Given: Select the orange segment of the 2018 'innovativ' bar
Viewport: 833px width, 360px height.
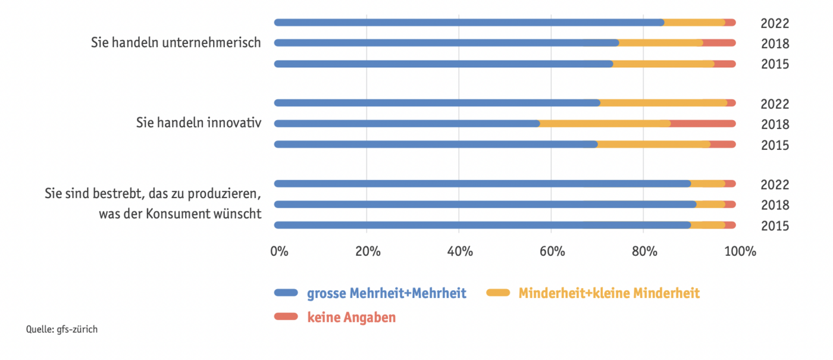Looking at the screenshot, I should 605,124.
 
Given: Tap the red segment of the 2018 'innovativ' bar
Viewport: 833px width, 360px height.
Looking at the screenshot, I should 703,124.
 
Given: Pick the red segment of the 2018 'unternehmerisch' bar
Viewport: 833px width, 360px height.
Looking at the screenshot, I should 720,43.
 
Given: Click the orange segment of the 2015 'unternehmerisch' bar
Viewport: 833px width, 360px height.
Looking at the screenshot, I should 663,64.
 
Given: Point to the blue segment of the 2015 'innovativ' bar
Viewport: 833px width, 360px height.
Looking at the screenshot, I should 436,144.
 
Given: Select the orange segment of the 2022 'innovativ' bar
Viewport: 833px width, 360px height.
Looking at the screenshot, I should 663,103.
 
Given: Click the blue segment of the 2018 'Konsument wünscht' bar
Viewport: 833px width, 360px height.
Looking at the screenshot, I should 485,205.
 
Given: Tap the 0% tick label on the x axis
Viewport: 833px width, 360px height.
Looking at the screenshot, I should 279,251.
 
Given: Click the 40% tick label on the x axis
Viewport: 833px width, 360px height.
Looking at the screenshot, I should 460,251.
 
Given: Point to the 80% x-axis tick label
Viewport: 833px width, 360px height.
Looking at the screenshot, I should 644,251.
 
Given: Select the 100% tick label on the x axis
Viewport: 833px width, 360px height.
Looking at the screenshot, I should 739,251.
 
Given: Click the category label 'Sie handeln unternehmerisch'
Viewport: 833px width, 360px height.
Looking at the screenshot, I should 176,43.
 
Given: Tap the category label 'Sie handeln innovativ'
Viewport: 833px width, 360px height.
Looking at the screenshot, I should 199,123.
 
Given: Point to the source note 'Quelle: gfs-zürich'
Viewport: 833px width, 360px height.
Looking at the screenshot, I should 62,329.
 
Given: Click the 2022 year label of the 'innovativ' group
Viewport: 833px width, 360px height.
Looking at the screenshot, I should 775,104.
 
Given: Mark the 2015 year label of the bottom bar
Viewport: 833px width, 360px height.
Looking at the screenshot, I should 775,226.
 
